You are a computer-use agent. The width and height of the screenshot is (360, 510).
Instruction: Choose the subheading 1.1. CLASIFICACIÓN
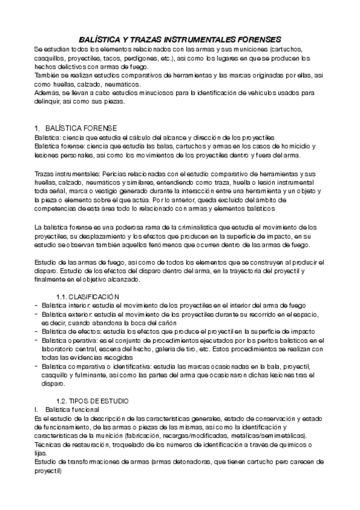click(88, 296)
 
